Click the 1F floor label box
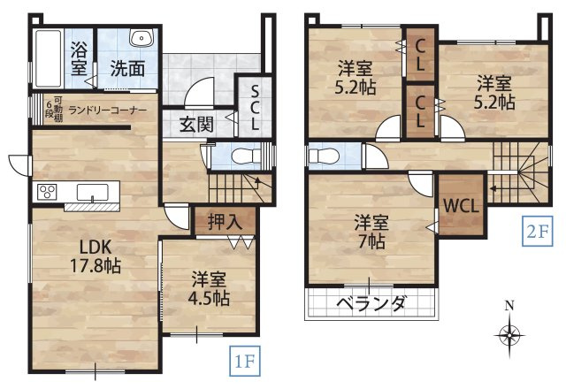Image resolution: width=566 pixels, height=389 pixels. (245, 361)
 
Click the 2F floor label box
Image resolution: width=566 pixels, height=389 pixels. (537, 233)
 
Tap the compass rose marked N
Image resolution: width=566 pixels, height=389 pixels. (509, 335)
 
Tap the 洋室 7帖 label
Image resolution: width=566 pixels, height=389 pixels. (371, 230)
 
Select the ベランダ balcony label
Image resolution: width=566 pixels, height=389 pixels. (371, 304)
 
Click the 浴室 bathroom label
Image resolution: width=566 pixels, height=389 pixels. (80, 57)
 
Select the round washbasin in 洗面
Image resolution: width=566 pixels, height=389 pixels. (141, 38)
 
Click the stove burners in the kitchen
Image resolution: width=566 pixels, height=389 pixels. (46, 191)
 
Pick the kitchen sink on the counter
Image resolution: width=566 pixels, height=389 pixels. (92, 191)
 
